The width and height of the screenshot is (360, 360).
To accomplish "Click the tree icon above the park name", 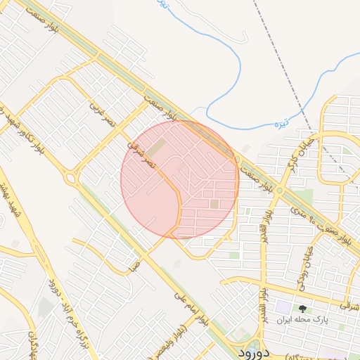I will tap(303, 308).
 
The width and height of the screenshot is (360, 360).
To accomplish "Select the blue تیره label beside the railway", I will tap(262, 125).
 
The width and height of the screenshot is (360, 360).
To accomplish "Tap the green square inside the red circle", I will tap(214, 204).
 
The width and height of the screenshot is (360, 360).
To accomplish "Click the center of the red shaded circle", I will tap(179, 179).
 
